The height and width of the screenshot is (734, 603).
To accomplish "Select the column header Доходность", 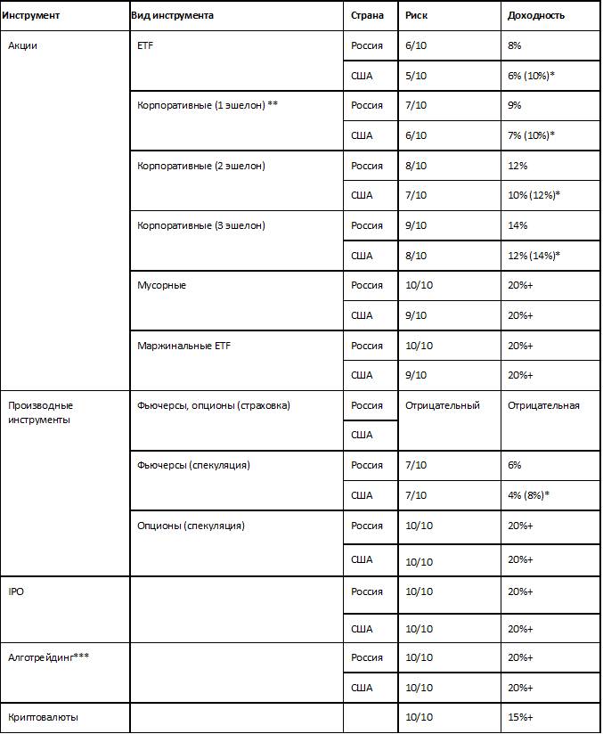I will [x=535, y=16].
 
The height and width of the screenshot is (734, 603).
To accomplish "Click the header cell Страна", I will [x=367, y=16].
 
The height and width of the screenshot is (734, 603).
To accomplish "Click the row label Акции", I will [x=22, y=46].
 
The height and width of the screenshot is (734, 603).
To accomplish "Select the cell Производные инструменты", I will [x=40, y=412].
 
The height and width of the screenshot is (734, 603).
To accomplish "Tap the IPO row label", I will [x=16, y=591].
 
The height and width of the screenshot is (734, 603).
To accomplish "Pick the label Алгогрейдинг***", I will [x=48, y=657].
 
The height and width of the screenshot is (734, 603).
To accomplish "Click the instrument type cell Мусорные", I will [x=161, y=285].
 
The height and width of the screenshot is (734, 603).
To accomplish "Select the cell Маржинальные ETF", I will [x=183, y=346].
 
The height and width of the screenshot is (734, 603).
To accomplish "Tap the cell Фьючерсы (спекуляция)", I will [x=193, y=465].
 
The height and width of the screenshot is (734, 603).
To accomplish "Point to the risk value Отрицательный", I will [x=442, y=405].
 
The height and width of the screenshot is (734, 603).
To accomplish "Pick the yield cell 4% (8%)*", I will [x=527, y=495].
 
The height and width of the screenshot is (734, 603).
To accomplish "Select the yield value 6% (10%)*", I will [x=531, y=76].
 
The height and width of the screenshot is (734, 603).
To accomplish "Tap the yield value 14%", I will [x=517, y=225].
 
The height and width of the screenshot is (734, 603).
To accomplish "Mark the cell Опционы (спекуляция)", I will [x=191, y=526].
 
